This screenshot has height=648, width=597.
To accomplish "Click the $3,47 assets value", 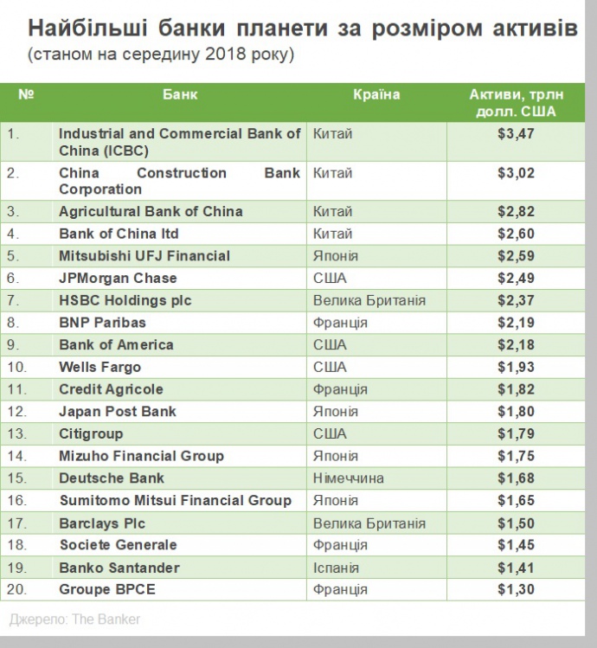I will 516,135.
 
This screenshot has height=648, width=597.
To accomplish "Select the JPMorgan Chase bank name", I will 118,278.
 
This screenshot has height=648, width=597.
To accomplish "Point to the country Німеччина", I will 348,478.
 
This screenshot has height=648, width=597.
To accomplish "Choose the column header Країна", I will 376,94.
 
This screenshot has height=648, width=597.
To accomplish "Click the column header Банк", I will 179,94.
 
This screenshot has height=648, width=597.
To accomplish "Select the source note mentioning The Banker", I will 74,619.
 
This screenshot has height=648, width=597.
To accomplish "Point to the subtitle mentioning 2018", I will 161,55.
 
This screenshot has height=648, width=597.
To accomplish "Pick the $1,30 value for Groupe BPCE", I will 516,590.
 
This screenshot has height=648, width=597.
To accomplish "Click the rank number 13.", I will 17,433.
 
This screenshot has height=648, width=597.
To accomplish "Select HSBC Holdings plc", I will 125,300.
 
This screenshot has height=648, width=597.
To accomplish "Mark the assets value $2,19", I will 516,323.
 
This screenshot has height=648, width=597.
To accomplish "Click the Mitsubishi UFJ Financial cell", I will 144,256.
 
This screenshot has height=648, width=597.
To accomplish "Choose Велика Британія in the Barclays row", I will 369,523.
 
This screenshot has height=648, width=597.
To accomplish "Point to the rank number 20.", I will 17,590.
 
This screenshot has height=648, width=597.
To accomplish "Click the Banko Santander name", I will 119,568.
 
